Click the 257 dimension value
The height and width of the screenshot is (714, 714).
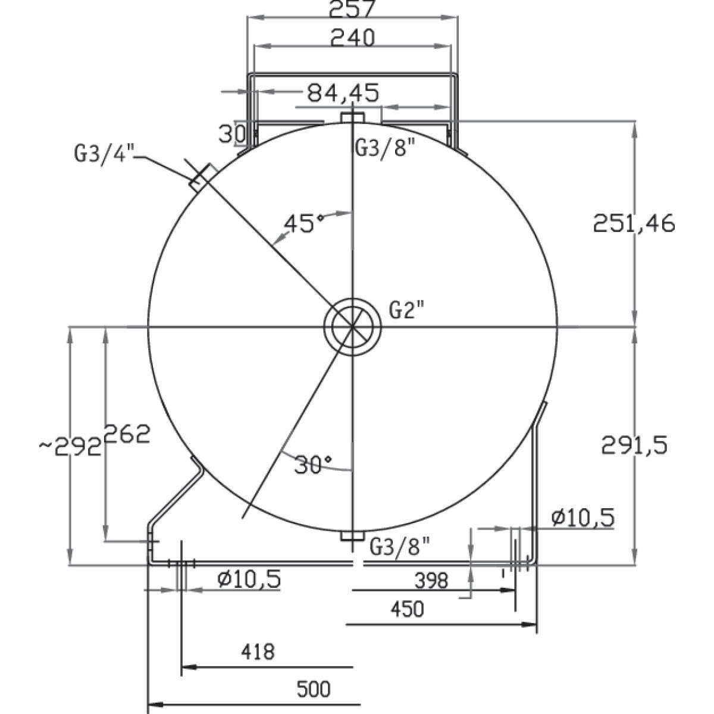[x=352, y=8]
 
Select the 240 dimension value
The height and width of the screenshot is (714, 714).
[x=352, y=38]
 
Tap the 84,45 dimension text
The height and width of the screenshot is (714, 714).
[x=343, y=93]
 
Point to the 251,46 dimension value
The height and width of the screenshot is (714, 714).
[x=634, y=224]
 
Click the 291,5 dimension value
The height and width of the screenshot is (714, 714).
[x=634, y=445]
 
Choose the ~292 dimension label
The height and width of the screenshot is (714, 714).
[x=70, y=448]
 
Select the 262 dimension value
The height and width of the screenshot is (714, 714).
[x=127, y=434]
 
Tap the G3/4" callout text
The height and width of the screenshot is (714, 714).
[x=105, y=153]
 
